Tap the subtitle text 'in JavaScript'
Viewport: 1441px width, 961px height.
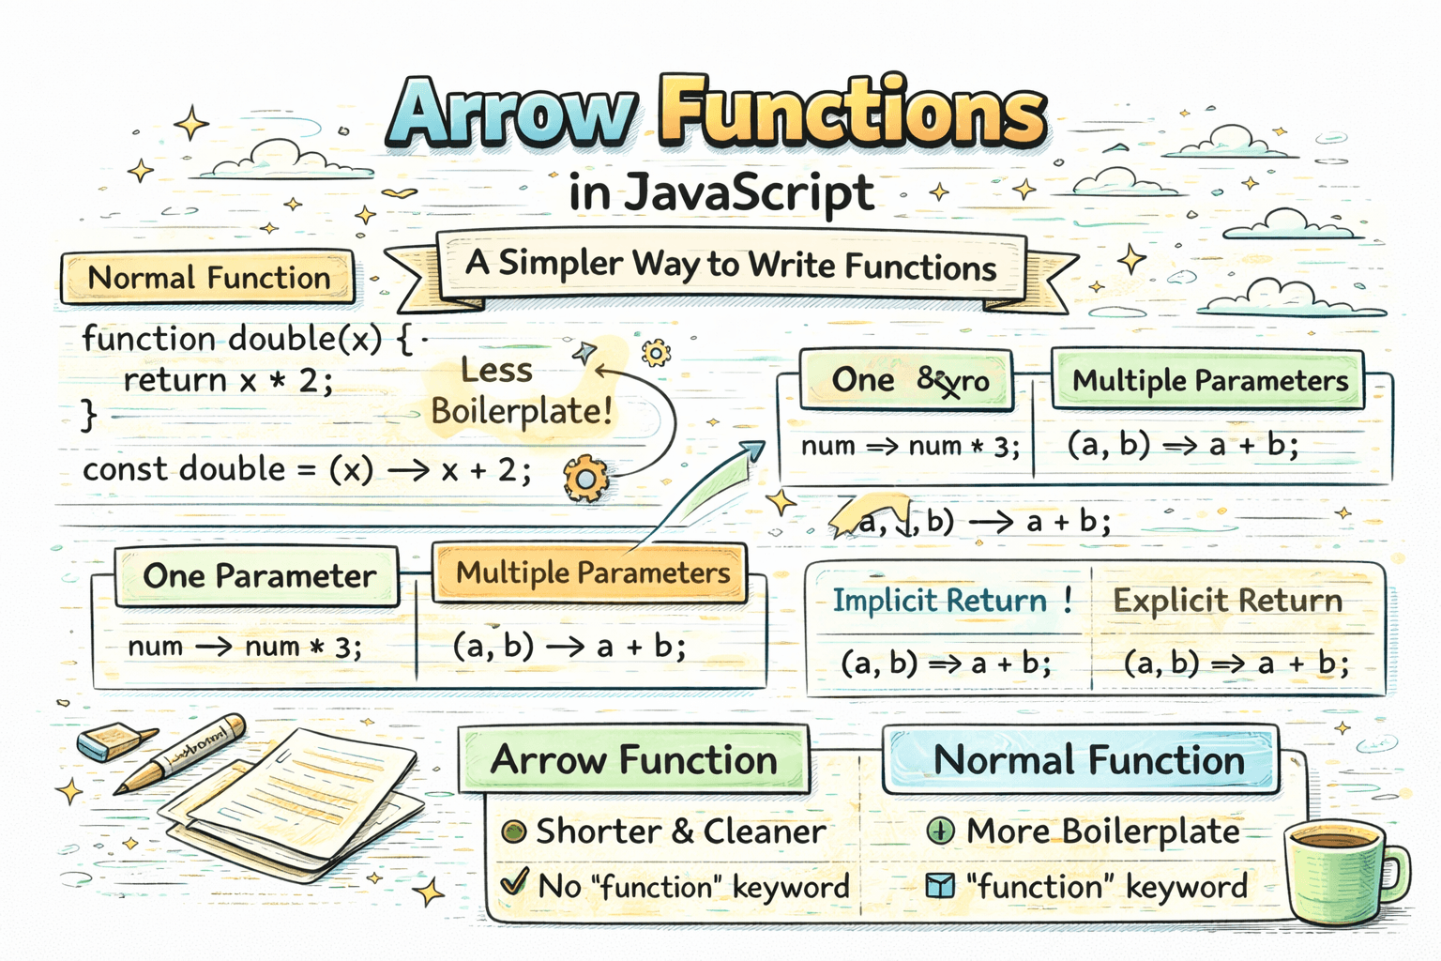point(720,193)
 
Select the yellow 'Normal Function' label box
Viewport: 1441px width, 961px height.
point(208,278)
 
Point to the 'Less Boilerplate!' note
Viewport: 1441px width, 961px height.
point(521,391)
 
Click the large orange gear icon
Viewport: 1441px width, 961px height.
point(585,479)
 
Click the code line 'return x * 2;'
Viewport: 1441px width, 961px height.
point(228,380)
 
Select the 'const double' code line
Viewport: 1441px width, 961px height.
point(306,469)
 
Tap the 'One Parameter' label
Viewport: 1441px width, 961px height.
point(259,575)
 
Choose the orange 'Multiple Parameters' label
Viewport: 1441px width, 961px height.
point(592,572)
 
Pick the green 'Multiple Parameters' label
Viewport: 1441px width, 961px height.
point(1209,380)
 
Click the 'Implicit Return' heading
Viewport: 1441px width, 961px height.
point(940,601)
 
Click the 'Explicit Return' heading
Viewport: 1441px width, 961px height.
point(1227,601)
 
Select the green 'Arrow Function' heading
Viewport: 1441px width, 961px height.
point(634,760)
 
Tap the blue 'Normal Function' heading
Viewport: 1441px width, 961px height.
point(1088,760)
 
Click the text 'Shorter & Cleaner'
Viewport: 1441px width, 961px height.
point(680,831)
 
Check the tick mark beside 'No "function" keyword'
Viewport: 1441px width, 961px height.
point(513,883)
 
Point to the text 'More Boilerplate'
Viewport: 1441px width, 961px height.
point(1102,831)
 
